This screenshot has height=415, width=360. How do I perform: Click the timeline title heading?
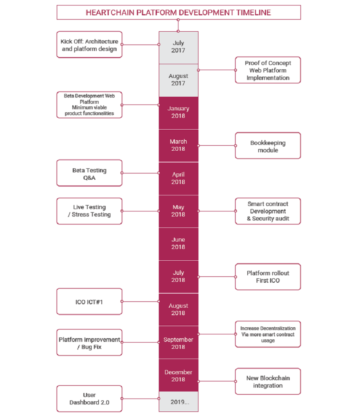point(178,13)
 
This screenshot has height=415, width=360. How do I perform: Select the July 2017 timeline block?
point(178,48)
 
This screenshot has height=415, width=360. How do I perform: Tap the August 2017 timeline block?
point(178,80)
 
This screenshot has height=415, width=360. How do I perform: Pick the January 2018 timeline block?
point(178,113)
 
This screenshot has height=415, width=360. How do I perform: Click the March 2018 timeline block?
point(178,146)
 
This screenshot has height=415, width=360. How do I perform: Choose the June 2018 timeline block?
point(178,244)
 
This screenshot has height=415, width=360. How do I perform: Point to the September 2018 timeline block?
point(178,343)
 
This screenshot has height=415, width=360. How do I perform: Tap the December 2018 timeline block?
point(178,375)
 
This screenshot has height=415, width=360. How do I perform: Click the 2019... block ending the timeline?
point(178,402)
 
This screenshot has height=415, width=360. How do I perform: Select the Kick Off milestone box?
point(89,45)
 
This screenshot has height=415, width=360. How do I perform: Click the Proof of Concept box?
point(268,70)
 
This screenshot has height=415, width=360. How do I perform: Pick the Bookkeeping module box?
point(268,146)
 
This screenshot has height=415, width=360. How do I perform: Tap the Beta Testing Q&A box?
point(89,173)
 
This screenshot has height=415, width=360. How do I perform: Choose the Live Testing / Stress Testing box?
point(89,211)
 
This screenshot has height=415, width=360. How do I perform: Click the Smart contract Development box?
point(268,211)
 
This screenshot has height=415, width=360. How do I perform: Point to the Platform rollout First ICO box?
point(268,277)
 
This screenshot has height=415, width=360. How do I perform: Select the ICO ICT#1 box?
point(89,301)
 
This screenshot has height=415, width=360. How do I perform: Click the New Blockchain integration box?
point(268,381)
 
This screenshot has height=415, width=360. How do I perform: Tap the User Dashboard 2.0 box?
point(89,399)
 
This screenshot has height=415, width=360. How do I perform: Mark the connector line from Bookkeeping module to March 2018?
point(217,146)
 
